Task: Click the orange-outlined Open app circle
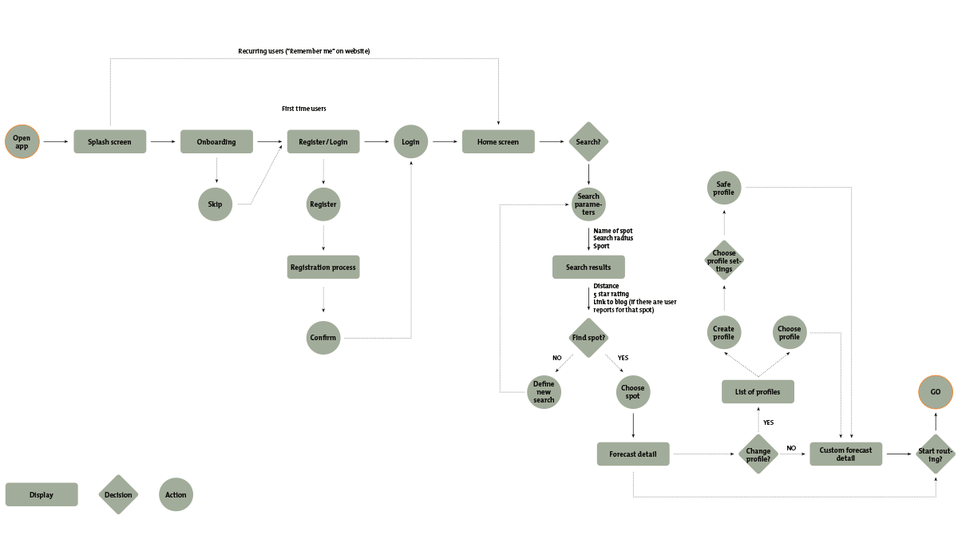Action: pos(22,142)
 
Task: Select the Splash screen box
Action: pos(110,142)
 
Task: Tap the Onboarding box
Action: pos(216,142)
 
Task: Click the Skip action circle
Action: pos(215,204)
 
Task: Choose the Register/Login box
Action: pos(323,142)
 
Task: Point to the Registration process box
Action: pos(323,267)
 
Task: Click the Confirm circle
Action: pos(323,338)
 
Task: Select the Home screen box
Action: pos(498,142)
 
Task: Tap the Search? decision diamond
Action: pos(588,142)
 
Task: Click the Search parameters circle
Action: pos(588,204)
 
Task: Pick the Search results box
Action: pos(588,267)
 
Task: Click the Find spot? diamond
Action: pos(588,338)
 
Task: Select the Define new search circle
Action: pos(544,392)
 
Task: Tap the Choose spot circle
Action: pos(633,392)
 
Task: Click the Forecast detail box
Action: pos(633,454)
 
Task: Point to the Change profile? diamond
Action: pos(758,454)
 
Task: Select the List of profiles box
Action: pos(758,392)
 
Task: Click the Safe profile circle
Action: pos(723,188)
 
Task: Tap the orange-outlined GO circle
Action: pos(936,392)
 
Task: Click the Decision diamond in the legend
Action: pos(118,494)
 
